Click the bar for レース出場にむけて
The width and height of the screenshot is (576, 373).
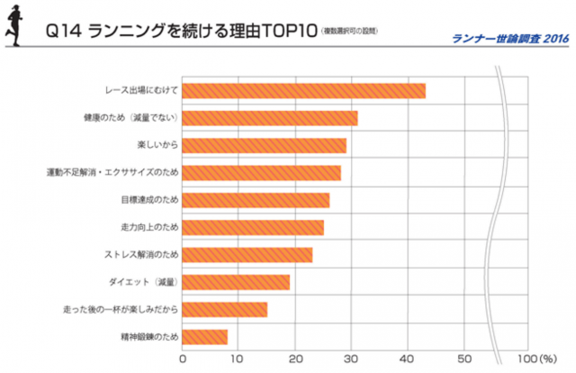[304, 91]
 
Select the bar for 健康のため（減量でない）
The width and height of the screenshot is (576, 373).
[270, 118]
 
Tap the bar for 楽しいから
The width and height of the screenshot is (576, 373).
[265, 146]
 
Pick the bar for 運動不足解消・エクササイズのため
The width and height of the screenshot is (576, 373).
[262, 173]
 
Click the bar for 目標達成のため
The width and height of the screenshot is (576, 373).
[256, 200]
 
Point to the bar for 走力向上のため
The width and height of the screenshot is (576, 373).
[253, 228]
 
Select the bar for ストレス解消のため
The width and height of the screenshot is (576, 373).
[247, 255]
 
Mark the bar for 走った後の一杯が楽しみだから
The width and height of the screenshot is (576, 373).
[225, 310]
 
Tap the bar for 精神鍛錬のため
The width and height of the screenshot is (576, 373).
[205, 337]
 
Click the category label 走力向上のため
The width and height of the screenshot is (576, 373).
[149, 228]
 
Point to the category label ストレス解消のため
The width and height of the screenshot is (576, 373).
[142, 255]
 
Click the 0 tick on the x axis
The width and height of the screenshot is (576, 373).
[184, 359]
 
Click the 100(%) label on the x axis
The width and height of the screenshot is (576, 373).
[538, 359]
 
